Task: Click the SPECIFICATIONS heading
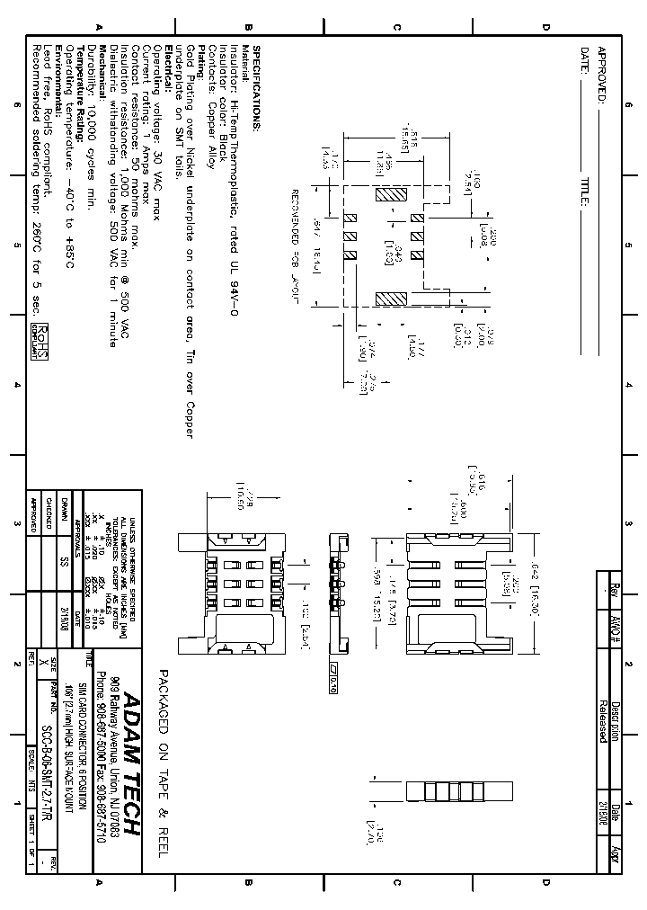[x=255, y=89]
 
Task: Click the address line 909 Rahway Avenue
[x=114, y=737]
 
